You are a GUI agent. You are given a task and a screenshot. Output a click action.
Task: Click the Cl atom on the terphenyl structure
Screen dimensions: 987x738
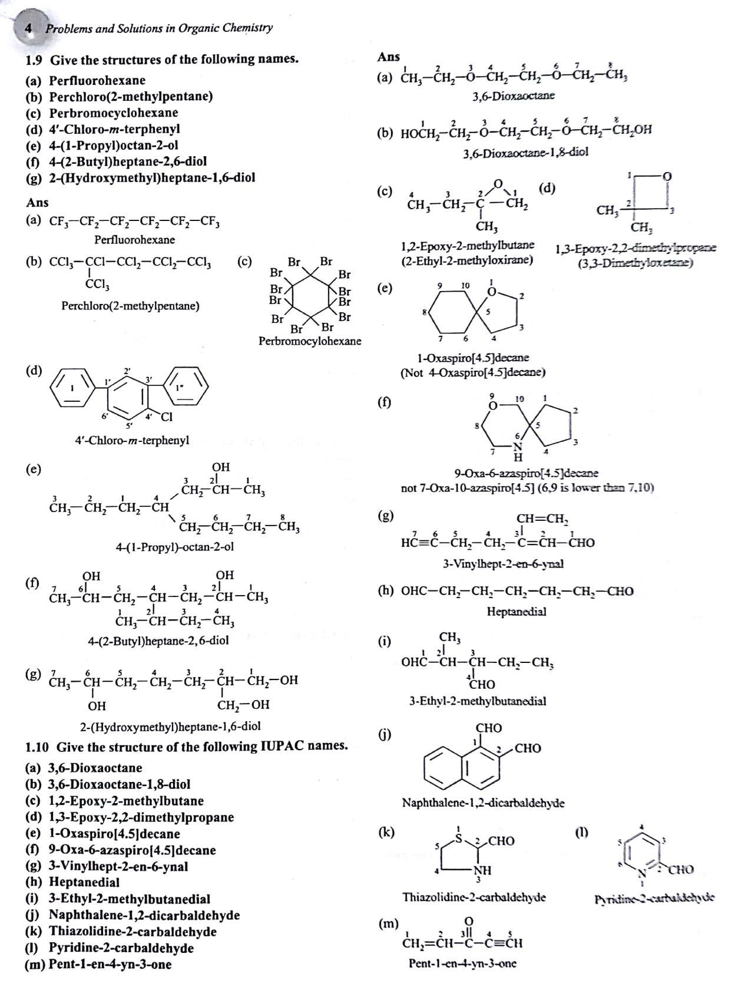click(167, 417)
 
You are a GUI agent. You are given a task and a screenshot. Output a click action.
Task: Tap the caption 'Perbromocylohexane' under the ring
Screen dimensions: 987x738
click(310, 341)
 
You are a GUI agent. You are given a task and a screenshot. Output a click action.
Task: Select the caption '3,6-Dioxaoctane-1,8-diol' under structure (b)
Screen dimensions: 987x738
click(525, 152)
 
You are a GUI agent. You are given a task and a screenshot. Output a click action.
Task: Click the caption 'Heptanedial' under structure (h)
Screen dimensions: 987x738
click(516, 612)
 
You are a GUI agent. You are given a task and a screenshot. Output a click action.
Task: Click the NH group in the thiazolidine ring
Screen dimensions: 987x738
click(482, 871)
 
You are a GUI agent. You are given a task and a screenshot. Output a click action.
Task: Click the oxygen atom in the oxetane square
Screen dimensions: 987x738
click(667, 176)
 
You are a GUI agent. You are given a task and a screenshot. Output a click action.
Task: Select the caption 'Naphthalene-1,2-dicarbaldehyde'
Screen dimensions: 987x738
click(483, 803)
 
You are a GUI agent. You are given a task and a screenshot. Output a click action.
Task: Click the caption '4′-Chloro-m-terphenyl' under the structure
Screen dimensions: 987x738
click(132, 440)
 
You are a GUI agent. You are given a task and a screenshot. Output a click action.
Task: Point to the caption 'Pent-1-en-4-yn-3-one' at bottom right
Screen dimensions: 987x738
click(463, 963)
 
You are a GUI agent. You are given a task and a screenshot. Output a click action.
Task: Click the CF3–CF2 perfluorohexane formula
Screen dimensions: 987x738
click(134, 222)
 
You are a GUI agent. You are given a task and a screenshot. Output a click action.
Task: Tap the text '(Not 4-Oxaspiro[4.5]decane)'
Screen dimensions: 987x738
click(472, 372)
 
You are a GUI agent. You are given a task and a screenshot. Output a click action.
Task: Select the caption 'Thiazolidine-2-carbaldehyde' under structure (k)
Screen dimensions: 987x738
click(474, 897)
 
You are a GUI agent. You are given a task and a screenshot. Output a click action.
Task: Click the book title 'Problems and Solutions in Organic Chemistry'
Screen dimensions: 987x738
click(159, 28)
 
